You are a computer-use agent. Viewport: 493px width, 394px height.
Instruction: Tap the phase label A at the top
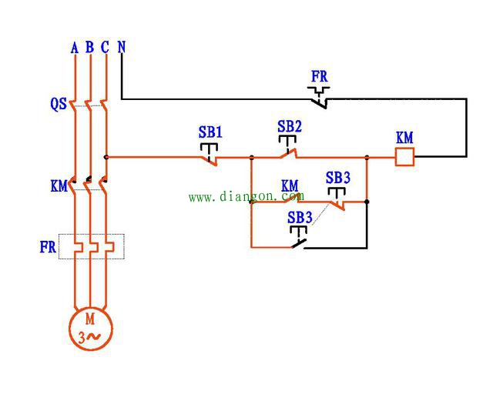(x=75, y=48)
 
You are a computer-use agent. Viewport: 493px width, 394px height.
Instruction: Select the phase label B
(x=89, y=48)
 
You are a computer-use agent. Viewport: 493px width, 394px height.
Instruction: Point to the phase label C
(x=105, y=48)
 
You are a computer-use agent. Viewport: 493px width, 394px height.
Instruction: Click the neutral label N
(x=122, y=47)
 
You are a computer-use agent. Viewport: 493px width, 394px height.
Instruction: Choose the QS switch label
(x=59, y=105)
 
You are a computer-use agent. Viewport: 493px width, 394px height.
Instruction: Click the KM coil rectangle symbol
(x=404, y=157)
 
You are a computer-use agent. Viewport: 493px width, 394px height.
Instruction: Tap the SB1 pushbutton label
(x=210, y=132)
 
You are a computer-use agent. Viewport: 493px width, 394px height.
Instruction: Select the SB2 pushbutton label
(x=290, y=126)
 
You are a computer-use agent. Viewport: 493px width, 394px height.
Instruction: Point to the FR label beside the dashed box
(x=48, y=247)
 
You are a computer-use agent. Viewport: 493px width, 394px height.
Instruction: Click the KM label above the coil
(x=404, y=139)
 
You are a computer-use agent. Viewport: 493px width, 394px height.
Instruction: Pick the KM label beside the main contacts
(x=59, y=186)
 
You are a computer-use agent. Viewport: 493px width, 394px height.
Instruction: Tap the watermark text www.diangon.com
(x=246, y=197)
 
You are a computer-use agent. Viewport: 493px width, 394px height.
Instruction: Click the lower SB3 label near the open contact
(x=300, y=218)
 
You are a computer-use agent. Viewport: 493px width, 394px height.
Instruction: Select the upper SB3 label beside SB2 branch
(x=337, y=179)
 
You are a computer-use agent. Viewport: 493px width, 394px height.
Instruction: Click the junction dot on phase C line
(x=106, y=157)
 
